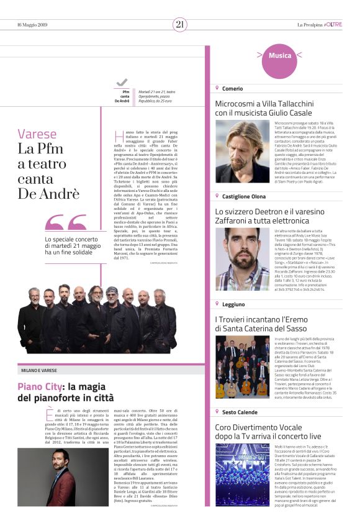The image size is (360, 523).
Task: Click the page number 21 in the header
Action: [180, 24]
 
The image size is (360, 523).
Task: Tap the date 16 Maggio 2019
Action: [32, 25]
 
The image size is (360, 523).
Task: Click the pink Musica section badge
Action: [279, 55]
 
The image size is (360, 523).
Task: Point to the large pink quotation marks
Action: [65, 222]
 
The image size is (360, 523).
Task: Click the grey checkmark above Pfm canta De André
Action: [122, 82]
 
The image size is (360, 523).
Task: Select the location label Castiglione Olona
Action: [244, 196]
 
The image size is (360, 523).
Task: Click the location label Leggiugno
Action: [235, 304]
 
